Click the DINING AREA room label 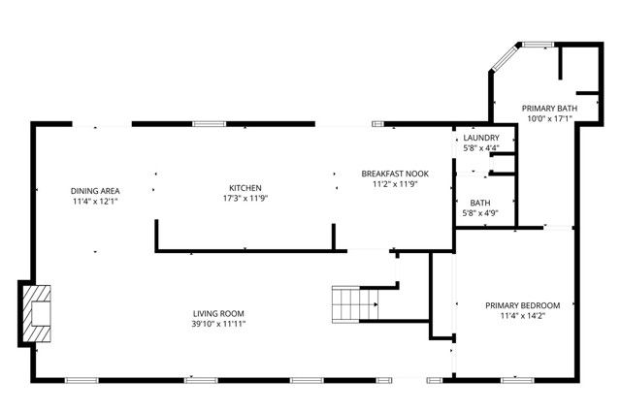95,191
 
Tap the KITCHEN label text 245,188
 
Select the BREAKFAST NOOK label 395,173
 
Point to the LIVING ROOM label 217,313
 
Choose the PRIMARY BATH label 549,108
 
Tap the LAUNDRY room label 480,139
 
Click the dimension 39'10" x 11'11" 217,324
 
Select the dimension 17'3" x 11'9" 245,199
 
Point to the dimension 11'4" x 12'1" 95,202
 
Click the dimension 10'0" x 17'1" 549,118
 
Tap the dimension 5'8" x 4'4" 480,148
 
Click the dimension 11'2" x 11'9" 395,183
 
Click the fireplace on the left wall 38,314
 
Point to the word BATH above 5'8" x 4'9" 477,202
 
